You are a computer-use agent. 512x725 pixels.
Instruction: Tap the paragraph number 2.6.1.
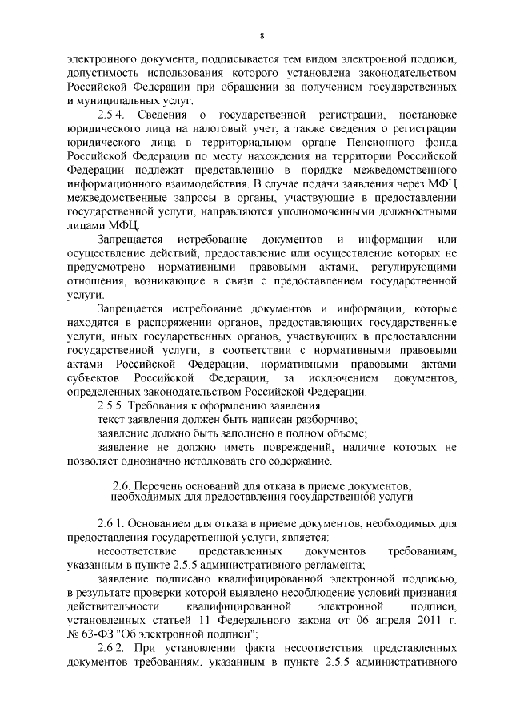coord(112,523)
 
